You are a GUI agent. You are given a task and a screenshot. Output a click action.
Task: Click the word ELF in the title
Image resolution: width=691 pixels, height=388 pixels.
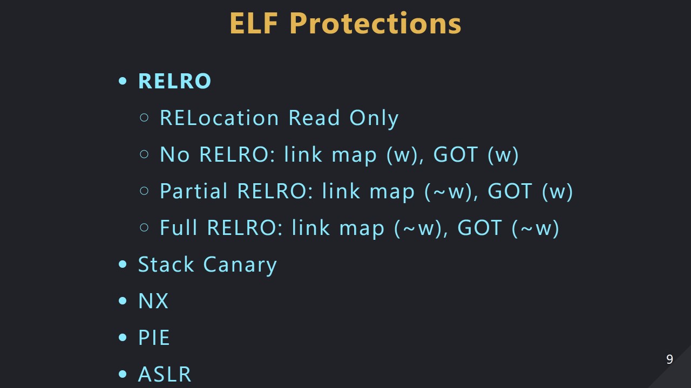[255, 23]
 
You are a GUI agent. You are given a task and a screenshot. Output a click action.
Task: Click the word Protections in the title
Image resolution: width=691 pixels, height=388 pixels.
[375, 23]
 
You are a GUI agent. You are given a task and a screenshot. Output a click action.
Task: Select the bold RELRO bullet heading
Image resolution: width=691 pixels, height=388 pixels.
[174, 81]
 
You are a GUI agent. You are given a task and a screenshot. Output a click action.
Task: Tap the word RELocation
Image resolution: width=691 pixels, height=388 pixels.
[219, 118]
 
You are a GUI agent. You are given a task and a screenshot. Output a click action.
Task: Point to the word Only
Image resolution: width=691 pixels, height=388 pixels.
[374, 119]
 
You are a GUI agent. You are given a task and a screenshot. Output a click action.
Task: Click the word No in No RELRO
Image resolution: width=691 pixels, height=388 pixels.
[174, 155]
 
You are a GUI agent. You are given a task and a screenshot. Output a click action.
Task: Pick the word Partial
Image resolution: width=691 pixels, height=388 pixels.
[194, 191]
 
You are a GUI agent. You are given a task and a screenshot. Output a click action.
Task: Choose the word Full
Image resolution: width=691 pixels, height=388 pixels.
[179, 228]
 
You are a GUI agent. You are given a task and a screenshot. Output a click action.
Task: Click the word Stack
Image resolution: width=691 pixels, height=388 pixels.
[166, 265]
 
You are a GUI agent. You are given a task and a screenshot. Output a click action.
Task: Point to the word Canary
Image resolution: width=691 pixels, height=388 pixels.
[240, 265]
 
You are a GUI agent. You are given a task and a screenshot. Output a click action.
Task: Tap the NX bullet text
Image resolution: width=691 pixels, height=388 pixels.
[153, 301]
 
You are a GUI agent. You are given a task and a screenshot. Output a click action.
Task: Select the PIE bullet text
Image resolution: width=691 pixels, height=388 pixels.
[154, 338]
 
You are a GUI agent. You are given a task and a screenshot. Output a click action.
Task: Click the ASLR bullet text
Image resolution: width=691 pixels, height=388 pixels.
[165, 374]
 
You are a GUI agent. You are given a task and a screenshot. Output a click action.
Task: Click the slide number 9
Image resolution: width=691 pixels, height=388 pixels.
[669, 359]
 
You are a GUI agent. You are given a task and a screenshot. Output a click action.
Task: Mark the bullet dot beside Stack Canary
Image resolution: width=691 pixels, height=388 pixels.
[123, 265]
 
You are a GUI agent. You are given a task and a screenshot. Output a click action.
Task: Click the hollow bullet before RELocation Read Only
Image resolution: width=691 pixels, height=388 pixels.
[144, 117]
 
